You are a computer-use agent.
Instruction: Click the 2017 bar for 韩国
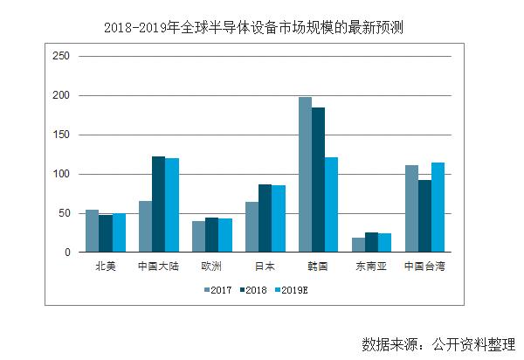[x=306, y=175]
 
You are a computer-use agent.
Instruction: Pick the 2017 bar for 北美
[x=92, y=232]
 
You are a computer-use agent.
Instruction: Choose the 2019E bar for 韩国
[x=331, y=205]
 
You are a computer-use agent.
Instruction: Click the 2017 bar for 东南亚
[x=359, y=245]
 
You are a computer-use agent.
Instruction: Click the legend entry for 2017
[x=220, y=289]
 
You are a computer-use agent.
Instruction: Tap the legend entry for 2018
[x=256, y=289]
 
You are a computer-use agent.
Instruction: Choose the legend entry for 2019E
[x=293, y=289]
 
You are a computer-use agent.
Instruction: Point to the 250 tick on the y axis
[x=62, y=56]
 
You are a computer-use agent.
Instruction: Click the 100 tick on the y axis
[x=62, y=174]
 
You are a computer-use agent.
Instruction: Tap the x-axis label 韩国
[x=318, y=266]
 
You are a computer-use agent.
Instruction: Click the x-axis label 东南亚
[x=371, y=266]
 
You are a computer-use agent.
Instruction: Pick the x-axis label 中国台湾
[x=424, y=266]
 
